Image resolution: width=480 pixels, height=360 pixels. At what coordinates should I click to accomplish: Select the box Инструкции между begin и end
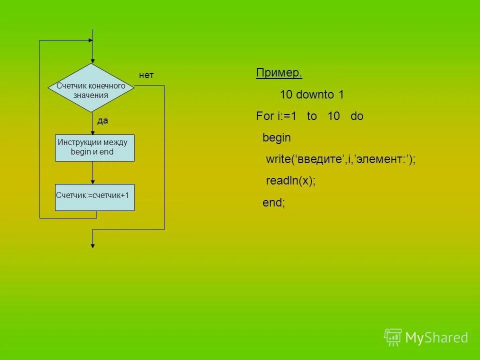(x=94, y=147)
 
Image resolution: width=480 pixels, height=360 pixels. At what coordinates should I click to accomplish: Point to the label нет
(x=146, y=75)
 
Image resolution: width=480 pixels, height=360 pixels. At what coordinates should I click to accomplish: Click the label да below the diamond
(x=102, y=121)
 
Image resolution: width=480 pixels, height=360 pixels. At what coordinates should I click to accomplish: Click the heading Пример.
(x=279, y=73)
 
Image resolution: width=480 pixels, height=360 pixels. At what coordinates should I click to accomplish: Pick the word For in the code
(x=264, y=116)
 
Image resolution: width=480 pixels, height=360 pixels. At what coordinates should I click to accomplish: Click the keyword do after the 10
(x=356, y=116)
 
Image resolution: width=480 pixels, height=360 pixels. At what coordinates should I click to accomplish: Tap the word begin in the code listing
(x=276, y=137)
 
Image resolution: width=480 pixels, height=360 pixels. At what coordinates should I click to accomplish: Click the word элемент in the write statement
(x=385, y=159)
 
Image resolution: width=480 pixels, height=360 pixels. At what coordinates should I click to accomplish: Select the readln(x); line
(x=290, y=181)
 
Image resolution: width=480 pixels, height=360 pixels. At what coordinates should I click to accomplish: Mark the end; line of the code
(x=273, y=202)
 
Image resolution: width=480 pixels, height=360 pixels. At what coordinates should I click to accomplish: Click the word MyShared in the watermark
(x=436, y=338)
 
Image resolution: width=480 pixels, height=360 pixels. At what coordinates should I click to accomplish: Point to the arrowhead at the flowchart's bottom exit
(x=92, y=244)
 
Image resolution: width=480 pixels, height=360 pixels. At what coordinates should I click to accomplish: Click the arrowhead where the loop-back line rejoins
(x=90, y=40)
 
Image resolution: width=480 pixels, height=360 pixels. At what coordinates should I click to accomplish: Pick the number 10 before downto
(x=286, y=94)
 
